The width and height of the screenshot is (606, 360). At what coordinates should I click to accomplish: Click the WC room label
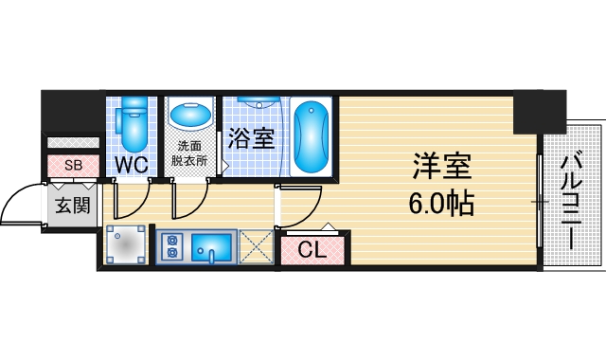[x=132, y=165]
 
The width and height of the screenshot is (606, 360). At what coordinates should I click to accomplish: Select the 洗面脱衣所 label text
[x=189, y=153]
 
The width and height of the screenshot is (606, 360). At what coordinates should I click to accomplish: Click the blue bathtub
[x=310, y=136]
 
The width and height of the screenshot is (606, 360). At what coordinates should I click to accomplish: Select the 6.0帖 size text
[x=440, y=202]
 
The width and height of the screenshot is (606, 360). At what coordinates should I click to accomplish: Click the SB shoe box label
[x=73, y=165]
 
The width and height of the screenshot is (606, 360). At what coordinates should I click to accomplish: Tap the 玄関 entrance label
[x=72, y=205]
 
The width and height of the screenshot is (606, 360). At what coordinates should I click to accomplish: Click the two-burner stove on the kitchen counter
[x=172, y=246]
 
